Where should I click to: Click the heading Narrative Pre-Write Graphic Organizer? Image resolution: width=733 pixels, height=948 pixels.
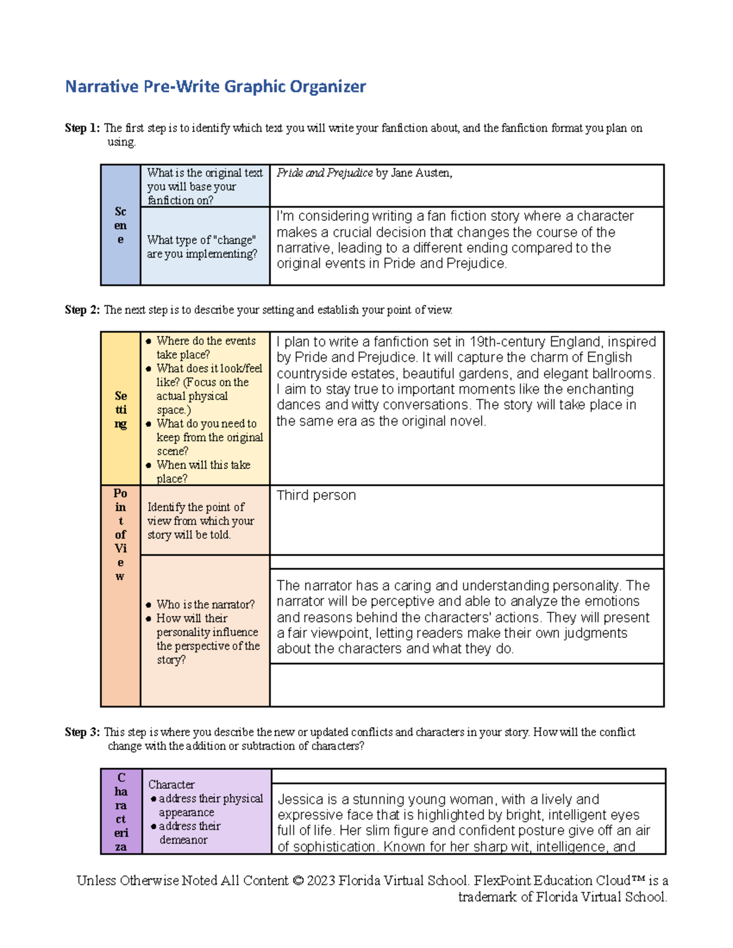click(215, 87)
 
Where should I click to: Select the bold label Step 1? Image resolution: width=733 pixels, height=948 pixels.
click(82, 128)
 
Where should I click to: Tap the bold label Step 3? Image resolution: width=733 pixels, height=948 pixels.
click(82, 732)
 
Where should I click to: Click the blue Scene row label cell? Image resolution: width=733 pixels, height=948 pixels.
click(120, 225)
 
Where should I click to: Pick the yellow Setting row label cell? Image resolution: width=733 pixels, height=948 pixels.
click(120, 409)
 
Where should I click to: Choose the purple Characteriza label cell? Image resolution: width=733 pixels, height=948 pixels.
click(121, 812)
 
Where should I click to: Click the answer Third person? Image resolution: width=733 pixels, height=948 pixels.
click(316, 495)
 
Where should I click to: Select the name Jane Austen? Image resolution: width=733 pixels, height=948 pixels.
click(421, 173)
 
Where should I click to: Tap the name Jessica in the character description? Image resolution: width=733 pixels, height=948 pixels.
click(300, 800)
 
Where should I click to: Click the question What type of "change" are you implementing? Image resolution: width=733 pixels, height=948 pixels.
click(202, 247)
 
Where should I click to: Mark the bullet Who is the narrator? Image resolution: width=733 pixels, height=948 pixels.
click(205, 604)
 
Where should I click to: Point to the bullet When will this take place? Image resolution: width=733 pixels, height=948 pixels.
click(203, 471)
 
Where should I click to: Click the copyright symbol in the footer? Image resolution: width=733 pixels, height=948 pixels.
click(297, 881)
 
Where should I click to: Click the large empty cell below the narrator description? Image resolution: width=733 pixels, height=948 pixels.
click(467, 685)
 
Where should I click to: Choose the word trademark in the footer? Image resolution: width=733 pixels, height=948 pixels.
click(487, 897)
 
